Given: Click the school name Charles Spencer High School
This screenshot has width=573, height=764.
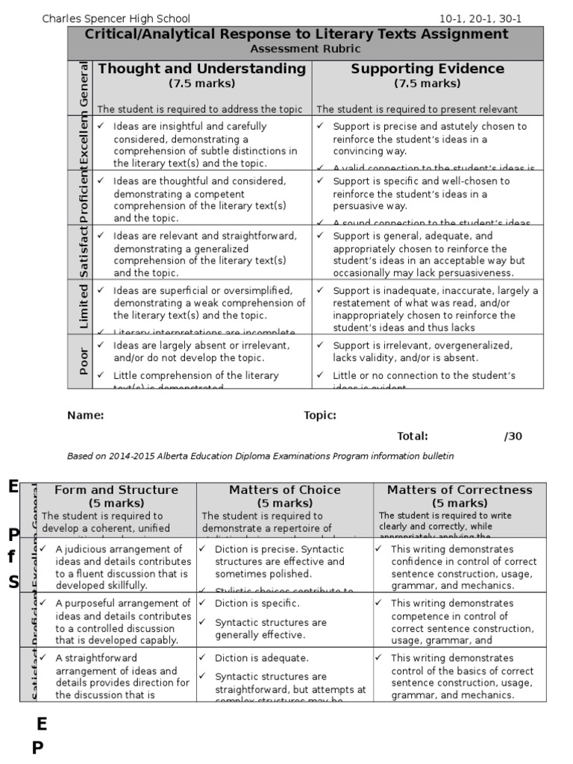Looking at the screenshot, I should coord(116,19).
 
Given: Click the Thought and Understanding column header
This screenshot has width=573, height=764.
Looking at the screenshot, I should coord(201,69).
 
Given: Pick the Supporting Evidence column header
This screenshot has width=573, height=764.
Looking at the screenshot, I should coord(428,69).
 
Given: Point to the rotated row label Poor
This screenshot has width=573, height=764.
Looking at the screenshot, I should coord(84,361).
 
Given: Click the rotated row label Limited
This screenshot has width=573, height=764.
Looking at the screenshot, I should coord(84,306).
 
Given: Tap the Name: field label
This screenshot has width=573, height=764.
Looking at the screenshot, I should coord(85,416).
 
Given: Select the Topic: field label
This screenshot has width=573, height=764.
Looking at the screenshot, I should coord(319,416).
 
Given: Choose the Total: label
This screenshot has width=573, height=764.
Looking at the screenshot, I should coord(412,436).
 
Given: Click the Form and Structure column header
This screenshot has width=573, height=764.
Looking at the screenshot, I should coord(116,490).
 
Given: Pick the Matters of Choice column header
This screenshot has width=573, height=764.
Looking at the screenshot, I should coord(284,490).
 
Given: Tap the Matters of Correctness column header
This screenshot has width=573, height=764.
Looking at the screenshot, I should coord(460,490).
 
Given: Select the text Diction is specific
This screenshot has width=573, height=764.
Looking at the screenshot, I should coord(257,603).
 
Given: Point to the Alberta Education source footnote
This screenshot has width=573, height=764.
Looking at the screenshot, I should coord(260,456).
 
